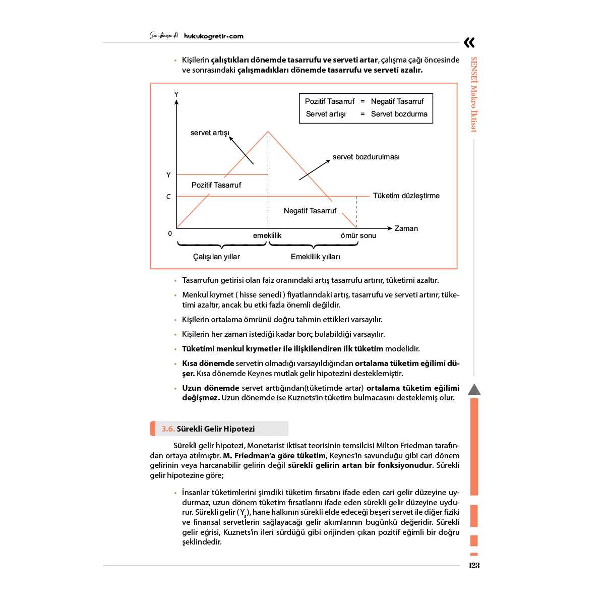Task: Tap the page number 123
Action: point(474,565)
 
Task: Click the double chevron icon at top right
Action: point(469,42)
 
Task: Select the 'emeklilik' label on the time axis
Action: point(267,235)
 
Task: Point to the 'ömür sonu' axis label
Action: point(358,235)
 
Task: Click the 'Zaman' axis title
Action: point(406,228)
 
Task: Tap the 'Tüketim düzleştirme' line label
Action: point(406,196)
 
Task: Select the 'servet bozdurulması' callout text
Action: point(366,157)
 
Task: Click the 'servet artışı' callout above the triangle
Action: point(210,133)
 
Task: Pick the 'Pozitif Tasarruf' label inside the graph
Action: point(216,185)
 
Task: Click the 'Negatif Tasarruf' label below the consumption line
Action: point(310,211)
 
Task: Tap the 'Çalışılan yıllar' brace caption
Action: point(216,257)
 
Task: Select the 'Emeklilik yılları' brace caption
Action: point(315,257)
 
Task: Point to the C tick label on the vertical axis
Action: point(168,197)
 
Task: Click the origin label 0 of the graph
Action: point(170,233)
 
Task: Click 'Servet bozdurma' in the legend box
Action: point(399,114)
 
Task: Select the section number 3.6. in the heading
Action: point(168,429)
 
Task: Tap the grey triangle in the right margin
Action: point(474,389)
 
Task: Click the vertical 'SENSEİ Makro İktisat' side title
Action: point(474,94)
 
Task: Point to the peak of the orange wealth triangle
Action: point(268,132)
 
